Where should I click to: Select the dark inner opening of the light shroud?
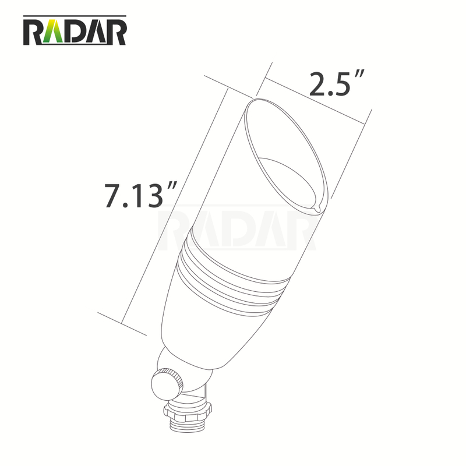[x=291, y=175]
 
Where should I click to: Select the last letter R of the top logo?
[x=115, y=34]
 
